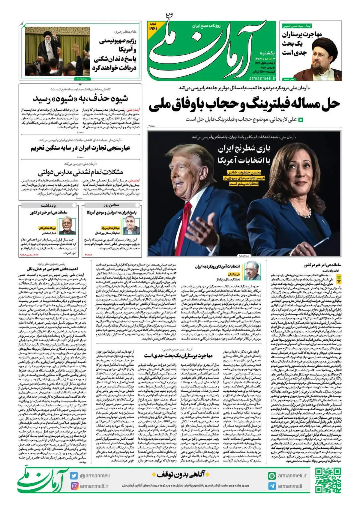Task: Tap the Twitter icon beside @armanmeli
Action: [74, 476]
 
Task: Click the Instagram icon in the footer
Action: [74, 486]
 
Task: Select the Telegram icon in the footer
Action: [272, 486]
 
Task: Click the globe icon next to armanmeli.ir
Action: [272, 476]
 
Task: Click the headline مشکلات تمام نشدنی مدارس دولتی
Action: [80, 172]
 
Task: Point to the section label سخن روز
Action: [111, 205]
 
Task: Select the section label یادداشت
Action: [48, 205]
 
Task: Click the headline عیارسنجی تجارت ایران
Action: [80, 148]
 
